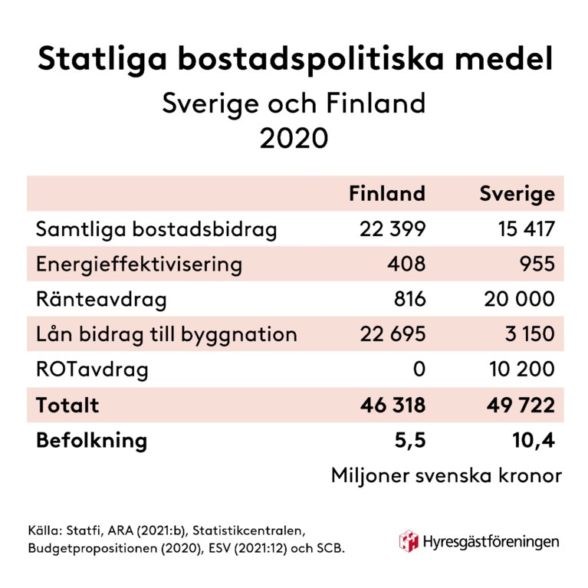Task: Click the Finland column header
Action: pyautogui.click(x=386, y=194)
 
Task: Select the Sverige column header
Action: pyautogui.click(x=517, y=194)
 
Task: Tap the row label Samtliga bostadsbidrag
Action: pyautogui.click(x=156, y=229)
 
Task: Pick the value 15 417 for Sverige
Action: pyautogui.click(x=520, y=229)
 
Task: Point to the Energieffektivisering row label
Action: pyautogui.click(x=139, y=264)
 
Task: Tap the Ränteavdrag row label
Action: pyautogui.click(x=100, y=299)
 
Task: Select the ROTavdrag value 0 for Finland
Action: pyautogui.click(x=419, y=370)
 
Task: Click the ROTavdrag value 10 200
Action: pyautogui.click(x=521, y=370)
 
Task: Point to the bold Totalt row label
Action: pyautogui.click(x=67, y=405)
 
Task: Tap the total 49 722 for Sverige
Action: pyautogui.click(x=517, y=405)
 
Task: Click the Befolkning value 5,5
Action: pyautogui.click(x=409, y=441)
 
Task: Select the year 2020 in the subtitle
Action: pyautogui.click(x=294, y=138)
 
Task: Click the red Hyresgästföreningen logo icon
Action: pyautogui.click(x=408, y=540)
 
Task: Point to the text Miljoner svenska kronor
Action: pyautogui.click(x=446, y=475)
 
